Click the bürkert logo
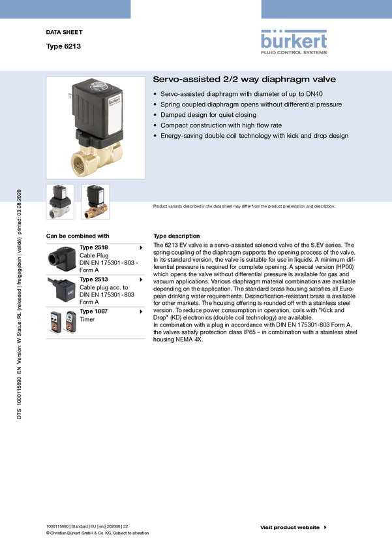point(294,42)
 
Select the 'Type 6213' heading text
point(63,46)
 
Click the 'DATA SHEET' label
point(64,32)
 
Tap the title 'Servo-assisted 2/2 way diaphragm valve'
point(244,79)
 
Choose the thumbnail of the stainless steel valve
point(60,202)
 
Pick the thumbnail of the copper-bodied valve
point(95,202)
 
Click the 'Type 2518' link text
point(94,247)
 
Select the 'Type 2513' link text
point(94,279)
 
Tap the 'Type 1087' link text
point(94,311)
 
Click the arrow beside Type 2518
point(141,247)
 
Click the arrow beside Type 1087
point(141,311)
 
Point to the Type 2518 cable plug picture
point(62,259)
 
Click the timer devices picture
point(63,322)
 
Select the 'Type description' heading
point(176,236)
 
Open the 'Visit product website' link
point(290,528)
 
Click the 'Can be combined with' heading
point(78,236)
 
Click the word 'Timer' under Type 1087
point(87,319)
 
